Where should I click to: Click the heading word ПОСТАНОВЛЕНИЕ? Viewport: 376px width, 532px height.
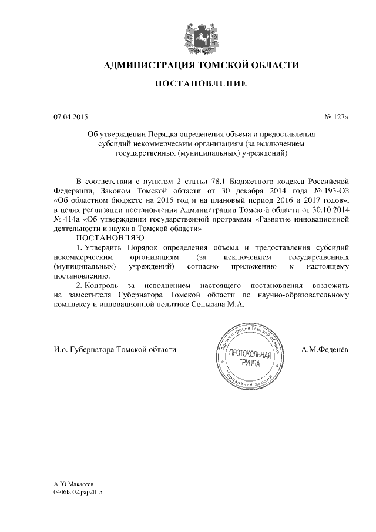coord(200,84)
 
